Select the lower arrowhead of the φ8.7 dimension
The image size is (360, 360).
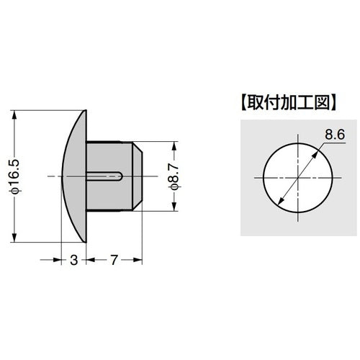click(174, 207)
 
